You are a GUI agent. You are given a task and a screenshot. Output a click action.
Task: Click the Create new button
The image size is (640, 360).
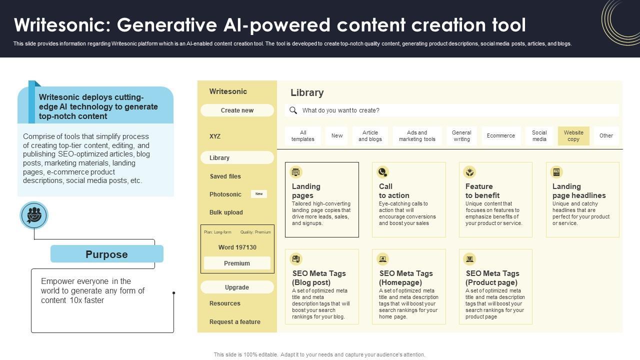click(237, 110)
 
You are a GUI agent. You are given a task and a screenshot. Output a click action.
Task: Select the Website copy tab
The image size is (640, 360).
click(573, 136)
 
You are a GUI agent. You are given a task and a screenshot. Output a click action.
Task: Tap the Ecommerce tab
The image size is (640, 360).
click(500, 136)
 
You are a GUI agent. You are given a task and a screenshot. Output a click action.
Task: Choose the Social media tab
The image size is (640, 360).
click(539, 136)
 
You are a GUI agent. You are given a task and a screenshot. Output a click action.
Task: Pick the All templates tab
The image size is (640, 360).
click(303, 136)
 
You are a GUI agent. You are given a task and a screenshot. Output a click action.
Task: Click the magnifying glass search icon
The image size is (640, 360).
click(293, 110)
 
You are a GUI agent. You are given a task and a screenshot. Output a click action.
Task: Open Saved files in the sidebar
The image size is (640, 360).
click(225, 176)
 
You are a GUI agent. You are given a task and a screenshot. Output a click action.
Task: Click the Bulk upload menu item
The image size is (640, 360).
click(226, 212)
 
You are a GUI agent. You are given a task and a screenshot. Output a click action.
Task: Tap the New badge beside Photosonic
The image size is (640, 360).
click(259, 194)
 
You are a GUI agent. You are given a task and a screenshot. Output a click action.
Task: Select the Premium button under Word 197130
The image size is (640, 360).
click(237, 263)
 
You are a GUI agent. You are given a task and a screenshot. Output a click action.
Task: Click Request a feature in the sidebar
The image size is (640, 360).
click(234, 322)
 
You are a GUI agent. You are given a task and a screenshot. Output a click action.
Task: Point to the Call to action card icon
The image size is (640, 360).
click(383, 172)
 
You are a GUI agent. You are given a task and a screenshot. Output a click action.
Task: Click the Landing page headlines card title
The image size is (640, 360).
click(578, 191)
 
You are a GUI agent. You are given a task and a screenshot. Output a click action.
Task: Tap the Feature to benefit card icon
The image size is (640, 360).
click(469, 172)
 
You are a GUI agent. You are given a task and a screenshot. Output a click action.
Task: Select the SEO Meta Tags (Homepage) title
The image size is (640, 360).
click(406, 278)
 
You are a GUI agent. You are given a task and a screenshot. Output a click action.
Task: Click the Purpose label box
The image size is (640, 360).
click(106, 254)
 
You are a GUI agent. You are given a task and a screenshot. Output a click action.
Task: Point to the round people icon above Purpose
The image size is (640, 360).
click(34, 215)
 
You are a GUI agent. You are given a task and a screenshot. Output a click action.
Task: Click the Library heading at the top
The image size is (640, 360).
click(307, 93)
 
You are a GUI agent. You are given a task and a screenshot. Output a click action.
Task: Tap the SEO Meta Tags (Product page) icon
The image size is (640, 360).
click(469, 259)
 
